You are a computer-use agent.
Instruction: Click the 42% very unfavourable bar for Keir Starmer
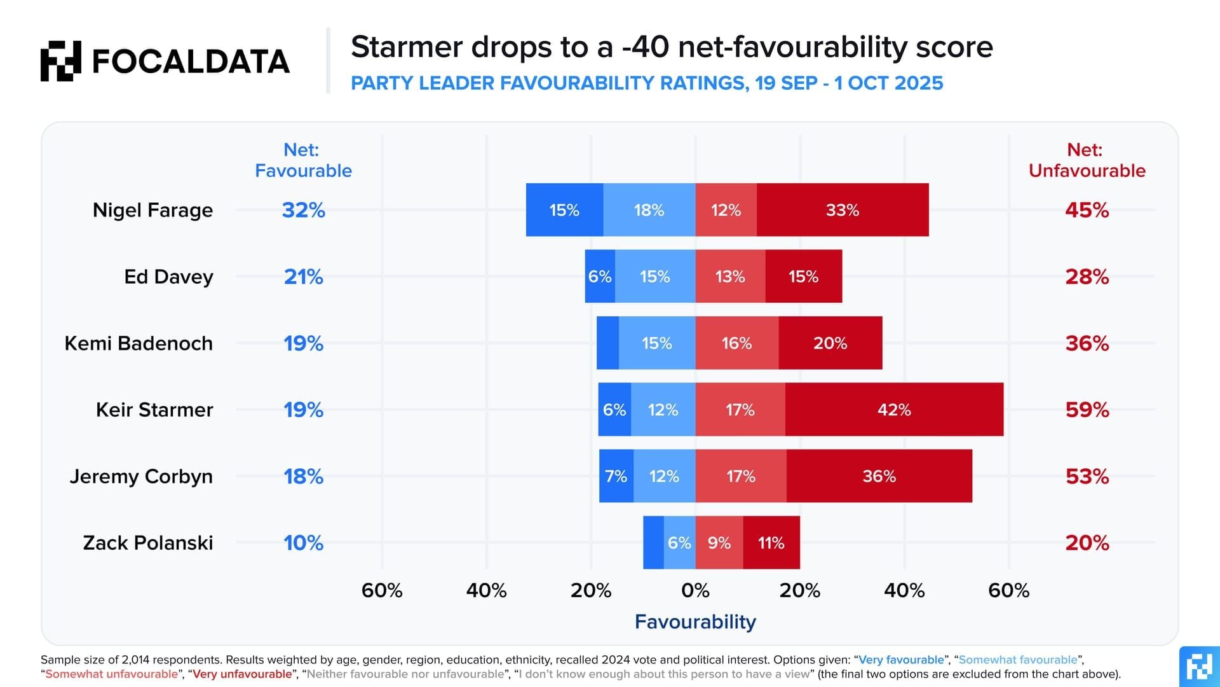[894, 410]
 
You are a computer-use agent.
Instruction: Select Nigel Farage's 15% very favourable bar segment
[564, 210]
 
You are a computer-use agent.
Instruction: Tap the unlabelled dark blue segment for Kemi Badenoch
[607, 343]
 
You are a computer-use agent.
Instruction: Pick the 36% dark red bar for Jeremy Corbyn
[879, 476]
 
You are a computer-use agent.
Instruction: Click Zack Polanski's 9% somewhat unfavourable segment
[719, 543]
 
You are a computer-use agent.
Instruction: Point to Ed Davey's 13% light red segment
[729, 277]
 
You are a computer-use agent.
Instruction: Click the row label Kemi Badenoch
[139, 343]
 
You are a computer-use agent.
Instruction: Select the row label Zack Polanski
[148, 543]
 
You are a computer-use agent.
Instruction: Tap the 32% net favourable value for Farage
[303, 210]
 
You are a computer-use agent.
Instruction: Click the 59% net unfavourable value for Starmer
[1087, 410]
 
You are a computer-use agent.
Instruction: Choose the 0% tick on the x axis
[695, 590]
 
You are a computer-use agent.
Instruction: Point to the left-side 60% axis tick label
[382, 590]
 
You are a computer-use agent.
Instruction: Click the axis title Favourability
[695, 621]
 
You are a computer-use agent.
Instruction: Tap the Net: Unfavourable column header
[1087, 160]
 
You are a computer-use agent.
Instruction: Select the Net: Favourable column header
[303, 160]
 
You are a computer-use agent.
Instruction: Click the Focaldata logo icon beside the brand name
[61, 61]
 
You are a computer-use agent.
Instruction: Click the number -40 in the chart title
[645, 47]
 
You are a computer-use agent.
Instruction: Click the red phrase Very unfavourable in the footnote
[242, 674]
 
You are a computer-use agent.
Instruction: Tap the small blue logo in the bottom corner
[1200, 667]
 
